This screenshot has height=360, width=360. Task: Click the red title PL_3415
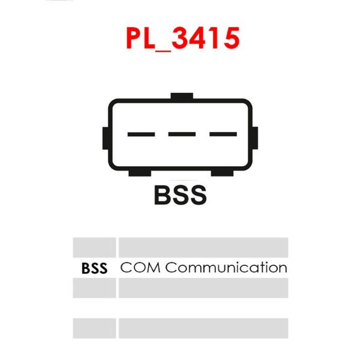tap(183, 38)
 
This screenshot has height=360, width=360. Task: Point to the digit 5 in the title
tap(232, 38)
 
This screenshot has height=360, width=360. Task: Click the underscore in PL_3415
tap(163, 51)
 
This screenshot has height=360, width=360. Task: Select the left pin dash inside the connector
tap(141, 134)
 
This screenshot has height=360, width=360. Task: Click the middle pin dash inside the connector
tap(182, 134)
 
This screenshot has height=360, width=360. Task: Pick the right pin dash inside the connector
tap(223, 134)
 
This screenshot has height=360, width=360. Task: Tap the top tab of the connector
tap(182, 96)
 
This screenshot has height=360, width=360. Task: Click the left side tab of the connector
tap(106, 138)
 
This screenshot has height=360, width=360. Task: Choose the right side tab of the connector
tap(255, 138)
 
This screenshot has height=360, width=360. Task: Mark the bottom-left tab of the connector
tap(140, 173)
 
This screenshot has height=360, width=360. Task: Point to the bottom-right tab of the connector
tap(222, 173)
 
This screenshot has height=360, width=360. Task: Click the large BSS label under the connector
tap(181, 195)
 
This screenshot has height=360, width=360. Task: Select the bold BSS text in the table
tap(94, 268)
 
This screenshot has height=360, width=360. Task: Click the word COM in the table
tap(140, 268)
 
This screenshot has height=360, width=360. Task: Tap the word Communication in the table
tap(226, 268)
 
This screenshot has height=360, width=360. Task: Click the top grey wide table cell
tap(203, 247)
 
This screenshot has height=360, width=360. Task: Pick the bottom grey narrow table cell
tap(94, 328)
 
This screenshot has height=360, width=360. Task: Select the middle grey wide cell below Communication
tap(203, 288)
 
